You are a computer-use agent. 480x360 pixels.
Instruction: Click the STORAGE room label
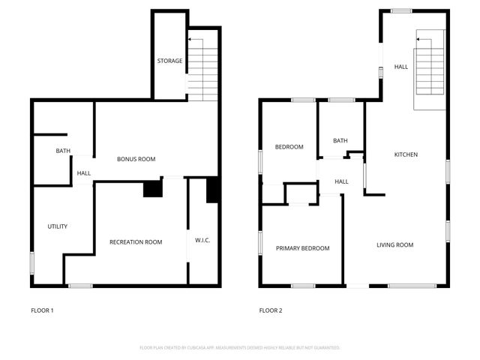pos(169,61)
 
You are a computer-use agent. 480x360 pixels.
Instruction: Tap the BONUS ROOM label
pos(136,159)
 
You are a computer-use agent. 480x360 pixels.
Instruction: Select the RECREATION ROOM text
pos(136,241)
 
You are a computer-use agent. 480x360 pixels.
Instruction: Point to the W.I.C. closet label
pos(202,241)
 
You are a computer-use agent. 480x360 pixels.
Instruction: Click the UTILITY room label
pos(58,226)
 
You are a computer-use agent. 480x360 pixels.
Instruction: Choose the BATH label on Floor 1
pos(63,151)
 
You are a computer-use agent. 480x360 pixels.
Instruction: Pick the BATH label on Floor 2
pos(340,140)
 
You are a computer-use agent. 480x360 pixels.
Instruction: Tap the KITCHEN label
pos(406,154)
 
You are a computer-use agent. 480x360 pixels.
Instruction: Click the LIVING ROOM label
pos(394,245)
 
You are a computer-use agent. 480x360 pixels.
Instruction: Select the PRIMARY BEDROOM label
pos(302,248)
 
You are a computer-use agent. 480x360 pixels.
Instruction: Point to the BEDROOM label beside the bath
pos(289,147)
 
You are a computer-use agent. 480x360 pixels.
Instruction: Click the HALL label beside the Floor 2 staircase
pos(401,67)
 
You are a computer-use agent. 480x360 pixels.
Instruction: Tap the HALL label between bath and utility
pos(83,174)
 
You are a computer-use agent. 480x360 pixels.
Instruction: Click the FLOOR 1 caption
pos(42,310)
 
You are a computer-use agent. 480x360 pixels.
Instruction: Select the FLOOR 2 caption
pos(271,310)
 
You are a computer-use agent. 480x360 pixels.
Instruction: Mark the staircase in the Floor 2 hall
pos(430,71)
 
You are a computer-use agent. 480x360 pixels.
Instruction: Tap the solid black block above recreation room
pos(153,188)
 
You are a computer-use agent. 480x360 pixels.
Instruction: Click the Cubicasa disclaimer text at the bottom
pos(240,348)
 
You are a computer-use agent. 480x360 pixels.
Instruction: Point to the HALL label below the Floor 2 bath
pos(341,181)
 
